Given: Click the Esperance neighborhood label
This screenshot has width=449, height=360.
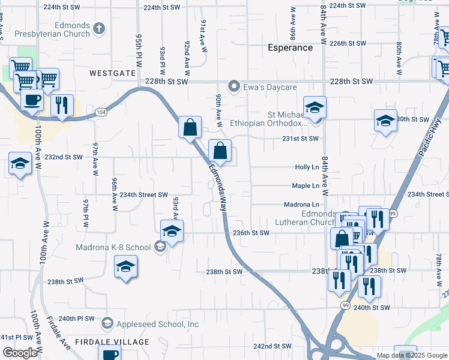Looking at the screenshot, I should click(x=290, y=47).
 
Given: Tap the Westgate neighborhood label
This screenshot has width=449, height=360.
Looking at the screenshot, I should click(x=113, y=73).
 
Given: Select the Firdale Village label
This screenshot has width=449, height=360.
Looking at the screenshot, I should click(x=112, y=342).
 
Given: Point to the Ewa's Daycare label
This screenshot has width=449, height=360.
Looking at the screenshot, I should click(x=270, y=87).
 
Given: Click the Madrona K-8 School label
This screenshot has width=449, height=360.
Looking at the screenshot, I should click(x=113, y=247).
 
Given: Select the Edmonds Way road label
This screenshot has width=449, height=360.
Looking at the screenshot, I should click(x=218, y=184).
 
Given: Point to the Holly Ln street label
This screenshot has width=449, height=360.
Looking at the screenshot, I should click(x=306, y=168).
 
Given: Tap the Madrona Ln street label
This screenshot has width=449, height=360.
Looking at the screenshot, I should click(x=301, y=205).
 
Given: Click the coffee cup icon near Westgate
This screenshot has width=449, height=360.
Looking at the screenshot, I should click(x=32, y=100).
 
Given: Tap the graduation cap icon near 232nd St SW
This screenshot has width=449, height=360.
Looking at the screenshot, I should click(x=20, y=163).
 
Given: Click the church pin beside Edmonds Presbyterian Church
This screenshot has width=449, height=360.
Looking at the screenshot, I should click(x=99, y=28).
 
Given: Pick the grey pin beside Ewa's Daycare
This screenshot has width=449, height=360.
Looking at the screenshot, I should click(x=235, y=87).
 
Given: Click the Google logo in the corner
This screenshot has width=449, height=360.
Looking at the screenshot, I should click(x=19, y=353).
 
